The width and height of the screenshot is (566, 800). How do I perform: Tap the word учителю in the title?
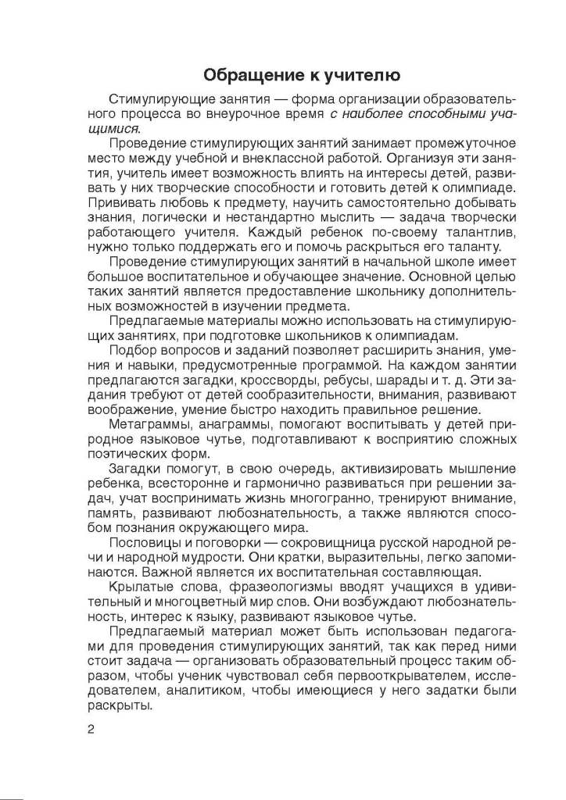[x=364, y=76]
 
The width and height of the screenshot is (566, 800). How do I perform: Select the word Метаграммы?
[x=150, y=424]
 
